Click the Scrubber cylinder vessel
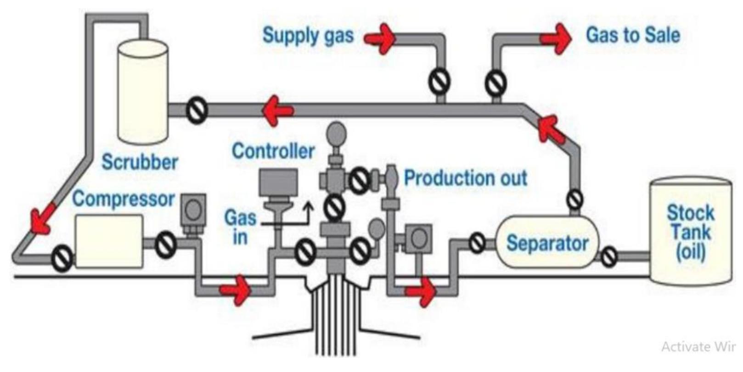pos(143,92)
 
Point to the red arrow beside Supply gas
pos(381,38)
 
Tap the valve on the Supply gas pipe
pos(439,83)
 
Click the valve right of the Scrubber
pos(197,110)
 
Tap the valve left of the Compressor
pos(61,258)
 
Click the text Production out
pos(465,178)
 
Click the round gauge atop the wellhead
pos(337,133)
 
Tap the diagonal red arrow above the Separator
pos(551,129)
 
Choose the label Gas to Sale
pos(633,35)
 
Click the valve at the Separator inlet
pos(477,243)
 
